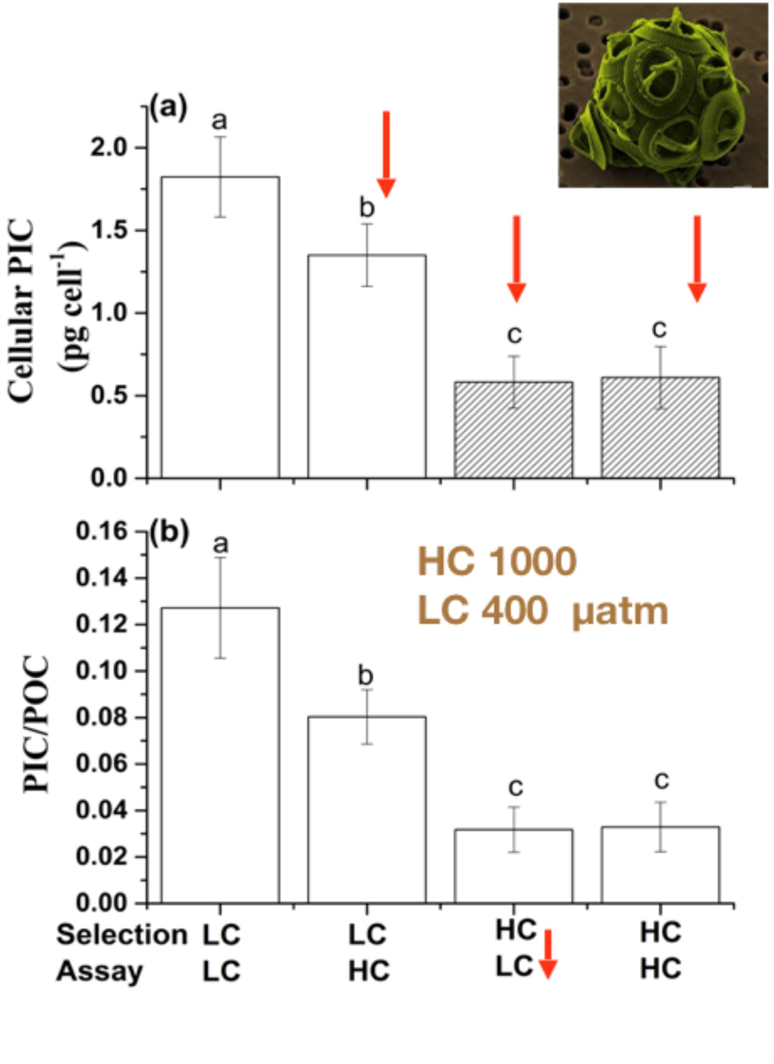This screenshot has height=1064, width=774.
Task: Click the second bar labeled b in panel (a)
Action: click(x=367, y=366)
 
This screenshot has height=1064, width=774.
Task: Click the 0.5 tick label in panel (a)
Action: click(x=115, y=395)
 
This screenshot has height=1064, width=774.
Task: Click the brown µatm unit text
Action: click(x=620, y=612)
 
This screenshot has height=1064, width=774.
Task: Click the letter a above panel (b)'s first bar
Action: click(x=220, y=545)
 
